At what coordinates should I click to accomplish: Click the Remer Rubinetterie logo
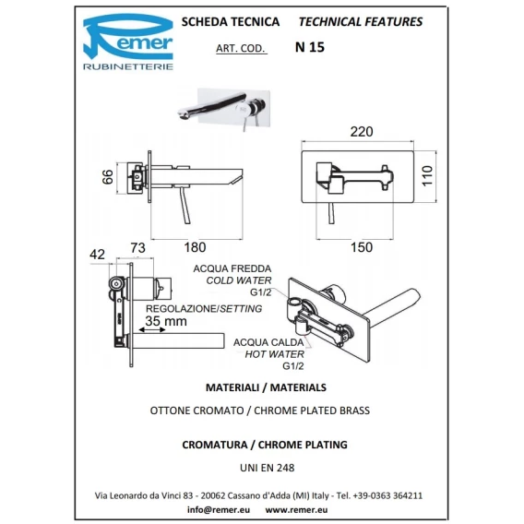pos(128,42)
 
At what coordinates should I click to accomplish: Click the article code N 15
pos(310,47)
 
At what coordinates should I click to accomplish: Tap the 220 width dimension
pos(362,132)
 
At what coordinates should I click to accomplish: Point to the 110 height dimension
pos(427,175)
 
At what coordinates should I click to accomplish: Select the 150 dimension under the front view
pos(362,247)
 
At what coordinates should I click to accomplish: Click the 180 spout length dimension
pos(195,247)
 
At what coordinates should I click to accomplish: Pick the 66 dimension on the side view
pos(108,177)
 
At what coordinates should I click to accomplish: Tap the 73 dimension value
pos(137,248)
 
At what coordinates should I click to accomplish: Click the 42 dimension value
pos(97,255)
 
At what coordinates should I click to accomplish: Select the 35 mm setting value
pos(166,321)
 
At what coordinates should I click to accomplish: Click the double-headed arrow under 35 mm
pos(152,330)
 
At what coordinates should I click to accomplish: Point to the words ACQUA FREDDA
pos(232,268)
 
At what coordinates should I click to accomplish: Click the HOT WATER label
pos(274,354)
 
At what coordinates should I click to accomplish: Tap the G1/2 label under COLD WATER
pos(261,292)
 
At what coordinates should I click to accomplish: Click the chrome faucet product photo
pos(223,107)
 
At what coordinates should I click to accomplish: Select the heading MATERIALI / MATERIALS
pos(266,387)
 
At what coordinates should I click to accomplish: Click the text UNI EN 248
pos(267,468)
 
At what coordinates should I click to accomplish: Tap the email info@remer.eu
pos(219,510)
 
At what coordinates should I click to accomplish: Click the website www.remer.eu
pos(296,510)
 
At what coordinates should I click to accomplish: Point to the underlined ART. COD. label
pos(242,49)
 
